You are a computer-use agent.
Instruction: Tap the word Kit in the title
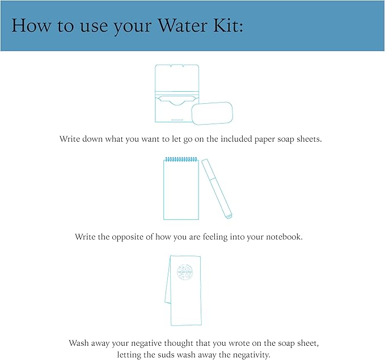point(227,26)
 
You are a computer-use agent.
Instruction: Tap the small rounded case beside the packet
point(212,113)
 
